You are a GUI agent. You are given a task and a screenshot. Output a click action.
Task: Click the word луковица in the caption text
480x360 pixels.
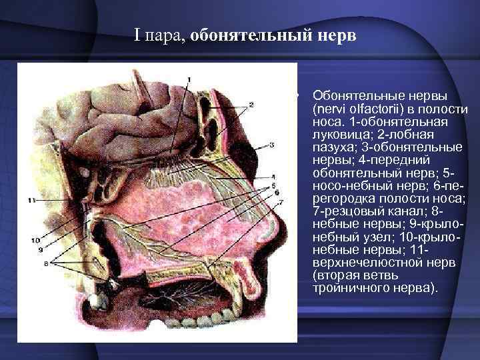(337, 133)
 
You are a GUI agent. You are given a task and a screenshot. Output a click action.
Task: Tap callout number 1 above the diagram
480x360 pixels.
(189, 80)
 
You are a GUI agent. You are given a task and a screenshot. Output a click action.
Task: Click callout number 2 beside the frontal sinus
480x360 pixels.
(251, 105)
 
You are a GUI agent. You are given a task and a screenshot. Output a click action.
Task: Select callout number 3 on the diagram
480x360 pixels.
(272, 144)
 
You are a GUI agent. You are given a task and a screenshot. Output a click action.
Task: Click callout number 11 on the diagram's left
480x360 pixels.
(31, 199)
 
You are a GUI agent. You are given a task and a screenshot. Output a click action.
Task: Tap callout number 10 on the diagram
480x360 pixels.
(35, 238)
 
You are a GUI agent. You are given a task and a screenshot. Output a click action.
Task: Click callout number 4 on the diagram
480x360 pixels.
(274, 177)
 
